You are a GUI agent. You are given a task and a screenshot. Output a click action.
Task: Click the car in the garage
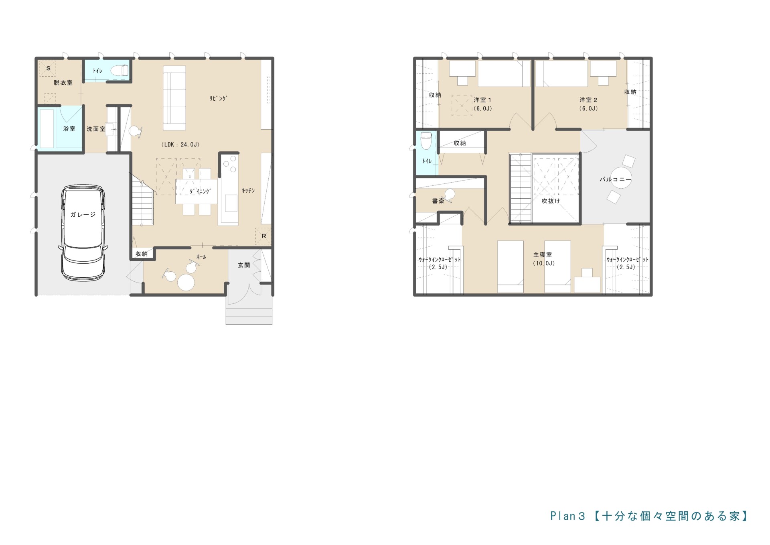[83, 233]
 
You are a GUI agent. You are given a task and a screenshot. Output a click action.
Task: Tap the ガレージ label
[83, 215]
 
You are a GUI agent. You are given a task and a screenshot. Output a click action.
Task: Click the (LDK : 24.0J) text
[180, 144]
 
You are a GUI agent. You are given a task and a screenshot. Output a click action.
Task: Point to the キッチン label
[248, 191]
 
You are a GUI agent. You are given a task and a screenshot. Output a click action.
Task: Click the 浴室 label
[69, 129]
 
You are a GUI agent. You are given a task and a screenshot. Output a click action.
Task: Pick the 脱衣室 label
[63, 83]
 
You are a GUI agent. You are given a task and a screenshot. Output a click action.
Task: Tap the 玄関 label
[244, 265]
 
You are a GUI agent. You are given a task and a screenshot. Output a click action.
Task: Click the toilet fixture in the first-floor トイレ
[119, 71]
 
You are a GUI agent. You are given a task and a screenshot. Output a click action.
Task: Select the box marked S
[48, 69]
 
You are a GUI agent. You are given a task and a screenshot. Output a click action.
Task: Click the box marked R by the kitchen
[263, 236]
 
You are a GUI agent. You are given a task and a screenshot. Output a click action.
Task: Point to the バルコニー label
[616, 179]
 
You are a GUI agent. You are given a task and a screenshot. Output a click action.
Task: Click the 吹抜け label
[551, 201]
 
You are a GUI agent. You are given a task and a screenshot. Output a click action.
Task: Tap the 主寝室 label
[543, 255]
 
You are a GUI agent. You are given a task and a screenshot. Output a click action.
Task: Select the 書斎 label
[438, 201]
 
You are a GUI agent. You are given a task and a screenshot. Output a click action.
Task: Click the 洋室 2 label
[588, 100]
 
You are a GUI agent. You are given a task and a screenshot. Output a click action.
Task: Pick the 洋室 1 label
[482, 100]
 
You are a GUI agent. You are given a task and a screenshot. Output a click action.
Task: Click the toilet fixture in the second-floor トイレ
[426, 140]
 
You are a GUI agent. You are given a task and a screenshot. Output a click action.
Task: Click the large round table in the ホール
[186, 282]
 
